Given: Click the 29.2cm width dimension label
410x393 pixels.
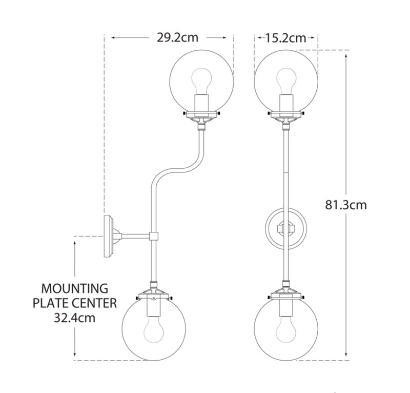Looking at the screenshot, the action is tap(177, 37).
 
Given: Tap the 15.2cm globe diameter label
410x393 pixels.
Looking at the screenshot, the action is tap(286, 38).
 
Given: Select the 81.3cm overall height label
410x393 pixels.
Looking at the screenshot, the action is tap(346, 205).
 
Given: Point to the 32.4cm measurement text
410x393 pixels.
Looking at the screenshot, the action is tap(74, 318).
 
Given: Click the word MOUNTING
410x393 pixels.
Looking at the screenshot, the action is tap(75, 288).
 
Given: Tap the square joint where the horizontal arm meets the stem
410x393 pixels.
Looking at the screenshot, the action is tap(154, 236).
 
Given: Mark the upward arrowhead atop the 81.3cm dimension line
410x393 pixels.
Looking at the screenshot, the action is tap(346, 56).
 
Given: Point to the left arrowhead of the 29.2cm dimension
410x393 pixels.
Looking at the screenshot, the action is tap(114, 37).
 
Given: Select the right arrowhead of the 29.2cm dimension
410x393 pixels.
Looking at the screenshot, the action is tap(223, 37).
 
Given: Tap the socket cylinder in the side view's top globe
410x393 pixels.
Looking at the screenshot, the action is tap(201, 103).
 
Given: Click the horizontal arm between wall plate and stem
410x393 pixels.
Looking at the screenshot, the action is tap(135, 236).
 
